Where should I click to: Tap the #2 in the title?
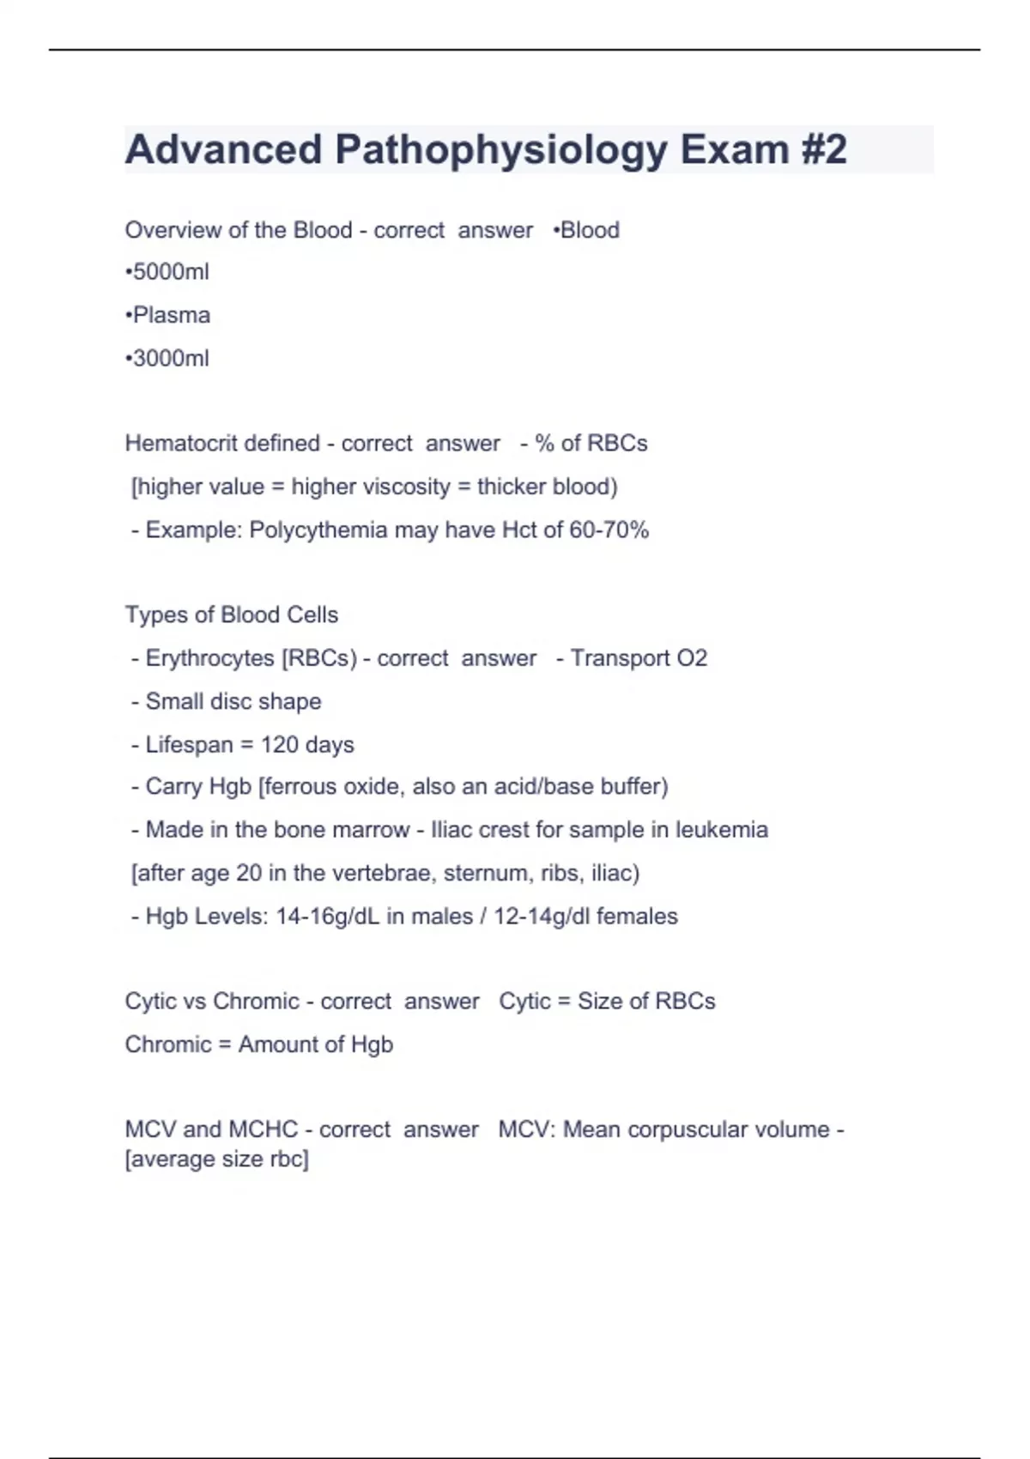click(x=823, y=149)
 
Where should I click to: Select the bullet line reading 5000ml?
click(x=167, y=272)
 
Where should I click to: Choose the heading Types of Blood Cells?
click(x=232, y=614)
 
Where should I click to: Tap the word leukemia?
click(x=721, y=830)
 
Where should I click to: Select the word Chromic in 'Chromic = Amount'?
click(x=167, y=1044)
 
